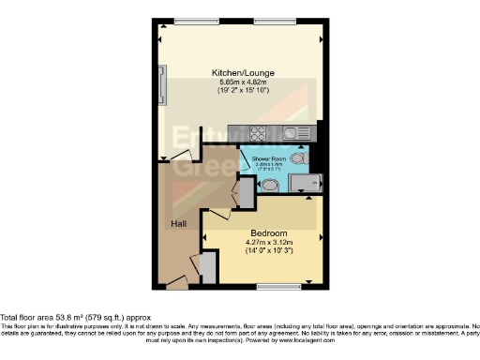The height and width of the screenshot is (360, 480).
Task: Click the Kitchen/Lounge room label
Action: [238, 71]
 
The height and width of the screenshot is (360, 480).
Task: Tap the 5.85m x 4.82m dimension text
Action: [238, 82]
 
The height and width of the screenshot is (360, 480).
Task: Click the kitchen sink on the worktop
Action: [295, 132]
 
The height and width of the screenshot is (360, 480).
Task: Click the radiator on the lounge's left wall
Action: [163, 84]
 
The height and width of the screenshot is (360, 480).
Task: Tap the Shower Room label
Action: [267, 159]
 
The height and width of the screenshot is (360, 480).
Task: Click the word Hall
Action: [177, 224]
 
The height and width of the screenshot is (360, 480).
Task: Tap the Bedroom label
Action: [268, 232]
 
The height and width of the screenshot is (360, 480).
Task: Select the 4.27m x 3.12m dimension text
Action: [268, 242]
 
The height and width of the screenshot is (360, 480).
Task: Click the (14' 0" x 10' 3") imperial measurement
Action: [268, 251]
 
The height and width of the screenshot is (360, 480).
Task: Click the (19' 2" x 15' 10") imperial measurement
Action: [238, 91]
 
